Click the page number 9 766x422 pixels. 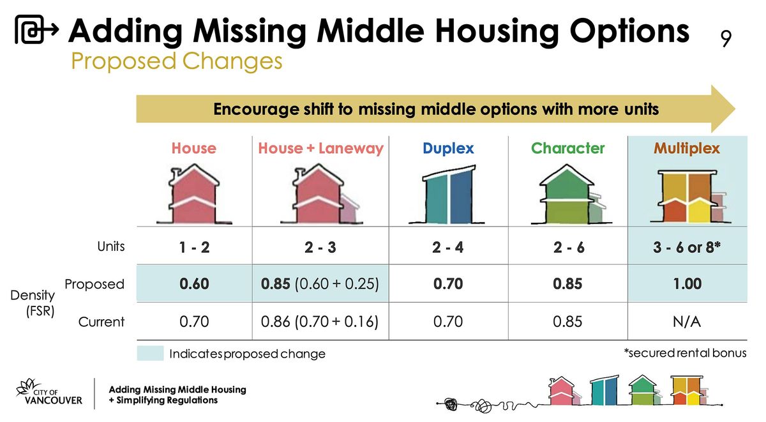726,40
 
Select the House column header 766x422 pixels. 193,149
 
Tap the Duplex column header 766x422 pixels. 448,149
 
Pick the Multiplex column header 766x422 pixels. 686,149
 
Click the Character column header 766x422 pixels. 567,149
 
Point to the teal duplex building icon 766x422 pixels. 448,195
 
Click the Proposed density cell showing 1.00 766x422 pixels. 687,284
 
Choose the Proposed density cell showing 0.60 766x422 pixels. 194,284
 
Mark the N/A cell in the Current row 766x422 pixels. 687,322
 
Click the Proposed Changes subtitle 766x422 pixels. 176,62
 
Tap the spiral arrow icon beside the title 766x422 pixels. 37,31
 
